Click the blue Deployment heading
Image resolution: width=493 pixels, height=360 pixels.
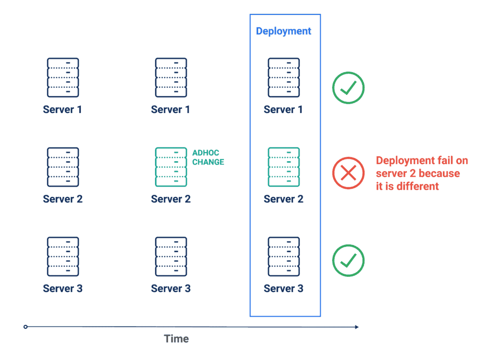[x=283, y=31]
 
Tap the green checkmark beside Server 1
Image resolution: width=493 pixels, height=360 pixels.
[x=349, y=88]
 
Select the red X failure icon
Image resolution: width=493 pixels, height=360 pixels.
[x=349, y=173]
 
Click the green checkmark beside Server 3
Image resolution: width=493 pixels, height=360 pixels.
[x=349, y=260]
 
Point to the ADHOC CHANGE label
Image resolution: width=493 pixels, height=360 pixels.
[x=208, y=157]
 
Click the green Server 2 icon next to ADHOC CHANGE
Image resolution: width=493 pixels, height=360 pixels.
[x=171, y=167]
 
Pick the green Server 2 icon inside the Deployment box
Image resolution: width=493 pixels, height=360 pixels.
[x=284, y=167]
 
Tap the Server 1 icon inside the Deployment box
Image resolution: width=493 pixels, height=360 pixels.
[x=284, y=77]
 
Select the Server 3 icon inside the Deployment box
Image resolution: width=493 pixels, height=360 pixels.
[x=284, y=257]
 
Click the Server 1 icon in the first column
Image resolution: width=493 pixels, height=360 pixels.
[x=63, y=77]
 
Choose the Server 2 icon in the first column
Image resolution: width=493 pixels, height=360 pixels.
[x=63, y=167]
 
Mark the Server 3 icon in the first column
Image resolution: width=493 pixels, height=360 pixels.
[x=63, y=257]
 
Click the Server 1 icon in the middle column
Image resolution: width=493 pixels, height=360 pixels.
[x=171, y=77]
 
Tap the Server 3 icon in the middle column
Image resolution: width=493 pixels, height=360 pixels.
[x=171, y=257]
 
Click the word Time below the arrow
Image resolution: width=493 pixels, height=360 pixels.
[x=176, y=339]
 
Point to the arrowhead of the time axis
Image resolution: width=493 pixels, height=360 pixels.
[x=357, y=327]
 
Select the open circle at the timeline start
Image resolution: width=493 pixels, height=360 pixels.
[x=26, y=327]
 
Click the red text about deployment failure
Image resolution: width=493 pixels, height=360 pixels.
[x=422, y=173]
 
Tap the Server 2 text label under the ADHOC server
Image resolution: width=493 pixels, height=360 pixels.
[x=171, y=199]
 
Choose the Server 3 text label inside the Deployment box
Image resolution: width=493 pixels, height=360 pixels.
[x=284, y=289]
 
